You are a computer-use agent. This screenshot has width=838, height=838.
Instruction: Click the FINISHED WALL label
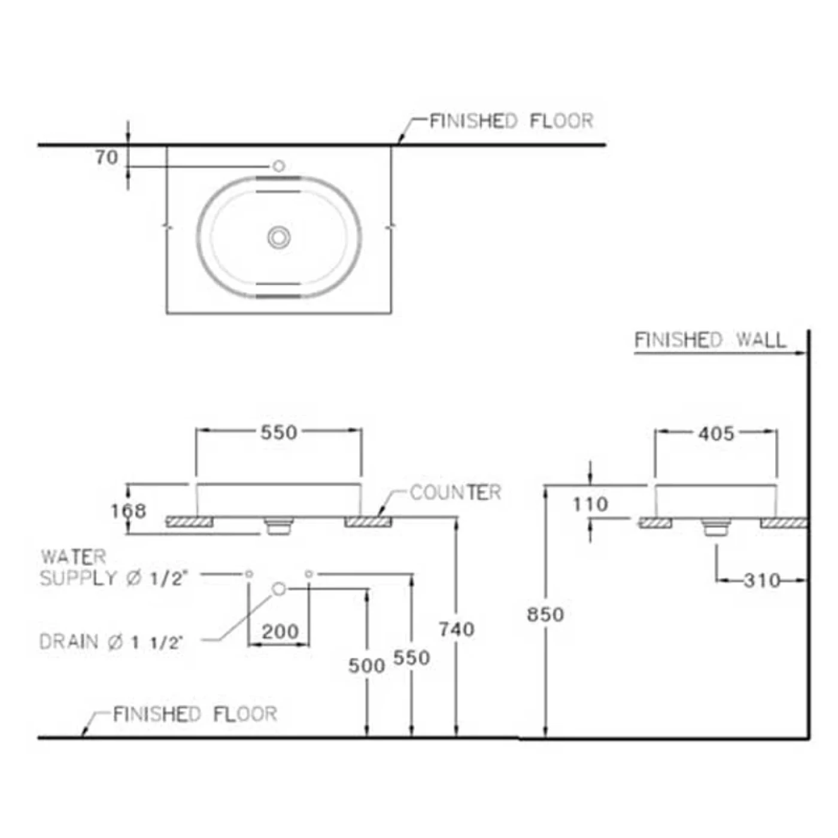(x=709, y=340)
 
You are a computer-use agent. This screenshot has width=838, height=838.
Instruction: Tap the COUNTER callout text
(x=455, y=493)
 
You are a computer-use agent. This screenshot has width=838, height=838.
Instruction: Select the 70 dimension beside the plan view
(x=107, y=157)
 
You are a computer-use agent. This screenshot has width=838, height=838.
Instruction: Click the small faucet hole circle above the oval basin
(x=278, y=166)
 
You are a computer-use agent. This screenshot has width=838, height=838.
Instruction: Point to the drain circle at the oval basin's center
(x=279, y=237)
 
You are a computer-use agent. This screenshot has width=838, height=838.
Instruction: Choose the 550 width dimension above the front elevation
(x=278, y=432)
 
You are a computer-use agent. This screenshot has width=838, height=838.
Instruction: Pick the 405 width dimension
(x=716, y=433)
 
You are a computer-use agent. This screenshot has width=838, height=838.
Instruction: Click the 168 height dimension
(x=128, y=511)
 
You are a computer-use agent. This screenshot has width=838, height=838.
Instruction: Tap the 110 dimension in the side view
(x=590, y=504)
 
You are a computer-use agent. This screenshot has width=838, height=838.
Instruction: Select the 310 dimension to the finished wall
(x=762, y=580)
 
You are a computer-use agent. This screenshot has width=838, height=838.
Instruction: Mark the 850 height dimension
(x=545, y=614)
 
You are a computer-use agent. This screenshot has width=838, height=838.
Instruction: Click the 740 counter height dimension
(x=456, y=629)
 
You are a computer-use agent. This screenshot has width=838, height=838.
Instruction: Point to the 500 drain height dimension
(x=366, y=665)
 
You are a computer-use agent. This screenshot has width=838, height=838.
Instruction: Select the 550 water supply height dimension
(x=411, y=657)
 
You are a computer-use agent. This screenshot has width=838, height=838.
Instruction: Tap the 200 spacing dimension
(x=280, y=631)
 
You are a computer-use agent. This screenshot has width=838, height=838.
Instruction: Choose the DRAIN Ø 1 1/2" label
(x=110, y=642)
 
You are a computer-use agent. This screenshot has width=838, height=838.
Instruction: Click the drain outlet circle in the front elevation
(x=279, y=589)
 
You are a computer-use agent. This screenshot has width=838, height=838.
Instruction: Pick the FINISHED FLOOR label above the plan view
(x=511, y=121)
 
